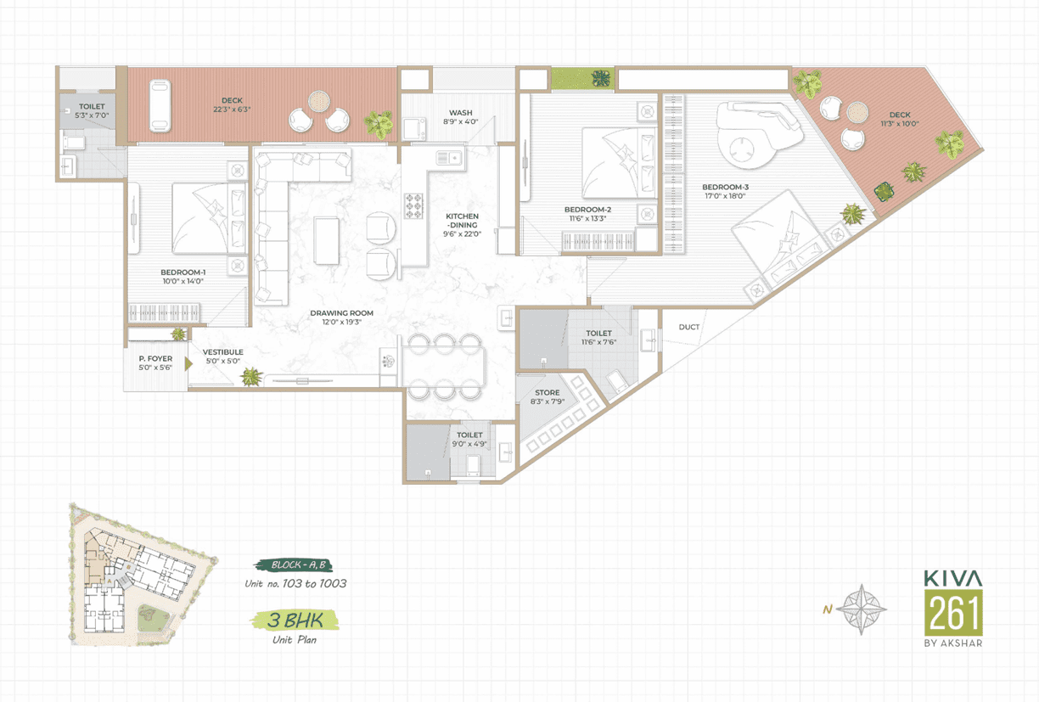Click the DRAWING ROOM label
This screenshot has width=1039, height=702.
click(x=342, y=313)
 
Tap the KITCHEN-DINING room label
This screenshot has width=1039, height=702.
click(x=462, y=221)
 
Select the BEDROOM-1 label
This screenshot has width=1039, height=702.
click(x=183, y=272)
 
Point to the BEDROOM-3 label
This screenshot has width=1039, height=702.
click(x=725, y=187)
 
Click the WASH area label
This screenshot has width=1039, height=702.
click(x=461, y=113)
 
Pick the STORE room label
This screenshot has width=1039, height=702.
click(x=548, y=392)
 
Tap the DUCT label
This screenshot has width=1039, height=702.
click(x=688, y=327)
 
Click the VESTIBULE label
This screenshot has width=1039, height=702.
click(x=222, y=352)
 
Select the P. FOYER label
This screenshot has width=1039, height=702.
click(x=155, y=359)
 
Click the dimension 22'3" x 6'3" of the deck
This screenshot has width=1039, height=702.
click(x=232, y=110)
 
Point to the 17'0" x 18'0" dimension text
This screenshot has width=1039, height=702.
click(x=725, y=196)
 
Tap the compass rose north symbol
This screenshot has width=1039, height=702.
click(x=862, y=609)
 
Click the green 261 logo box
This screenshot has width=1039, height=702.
click(x=953, y=613)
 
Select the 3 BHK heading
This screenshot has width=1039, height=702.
click(x=295, y=620)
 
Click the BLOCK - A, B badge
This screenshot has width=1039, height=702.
click(x=294, y=565)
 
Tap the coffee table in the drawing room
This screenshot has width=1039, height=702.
click(x=327, y=240)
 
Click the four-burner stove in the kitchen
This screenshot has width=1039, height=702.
click(x=413, y=205)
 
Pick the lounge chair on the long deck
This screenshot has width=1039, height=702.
click(x=160, y=106)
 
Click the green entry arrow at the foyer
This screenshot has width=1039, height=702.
click(x=188, y=364)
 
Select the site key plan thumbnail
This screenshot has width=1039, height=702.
click(x=143, y=575)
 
